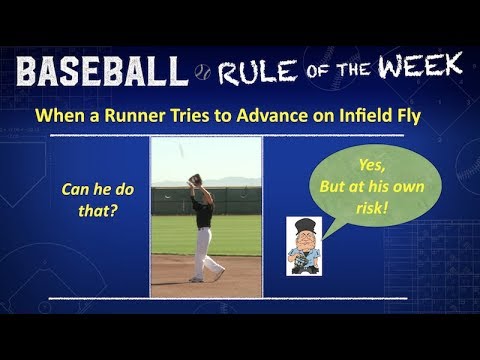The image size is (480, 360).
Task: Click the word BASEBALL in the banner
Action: pyautogui.click(x=102, y=71)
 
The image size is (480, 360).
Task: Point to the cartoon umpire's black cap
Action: pyautogui.click(x=302, y=223)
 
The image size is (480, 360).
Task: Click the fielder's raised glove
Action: pyautogui.click(x=196, y=180)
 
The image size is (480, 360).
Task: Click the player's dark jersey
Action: pyautogui.click(x=202, y=210)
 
